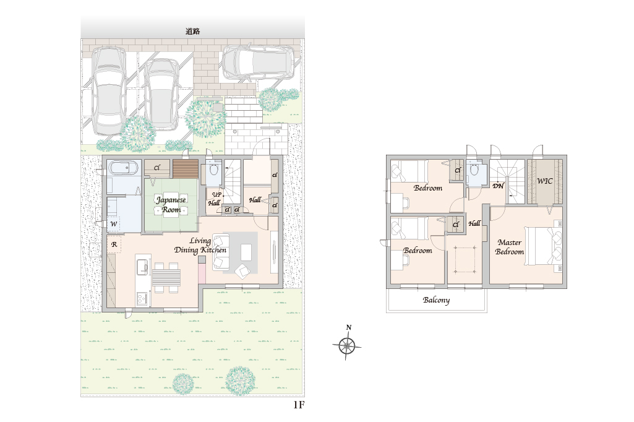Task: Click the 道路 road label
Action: click(193, 31)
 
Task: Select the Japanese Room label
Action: click(171, 204)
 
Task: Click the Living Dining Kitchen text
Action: click(200, 246)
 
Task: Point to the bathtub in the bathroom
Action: click(124, 168)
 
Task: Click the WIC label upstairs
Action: click(545, 181)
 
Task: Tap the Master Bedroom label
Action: click(510, 247)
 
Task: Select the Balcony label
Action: click(436, 300)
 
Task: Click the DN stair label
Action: click(498, 186)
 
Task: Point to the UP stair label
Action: click(216, 194)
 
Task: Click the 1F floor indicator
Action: click(299, 405)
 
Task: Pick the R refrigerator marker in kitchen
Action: click(114, 244)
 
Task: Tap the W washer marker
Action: click(114, 224)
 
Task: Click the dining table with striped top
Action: click(166, 278)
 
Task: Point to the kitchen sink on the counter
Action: click(142, 267)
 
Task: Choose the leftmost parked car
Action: click(108, 90)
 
